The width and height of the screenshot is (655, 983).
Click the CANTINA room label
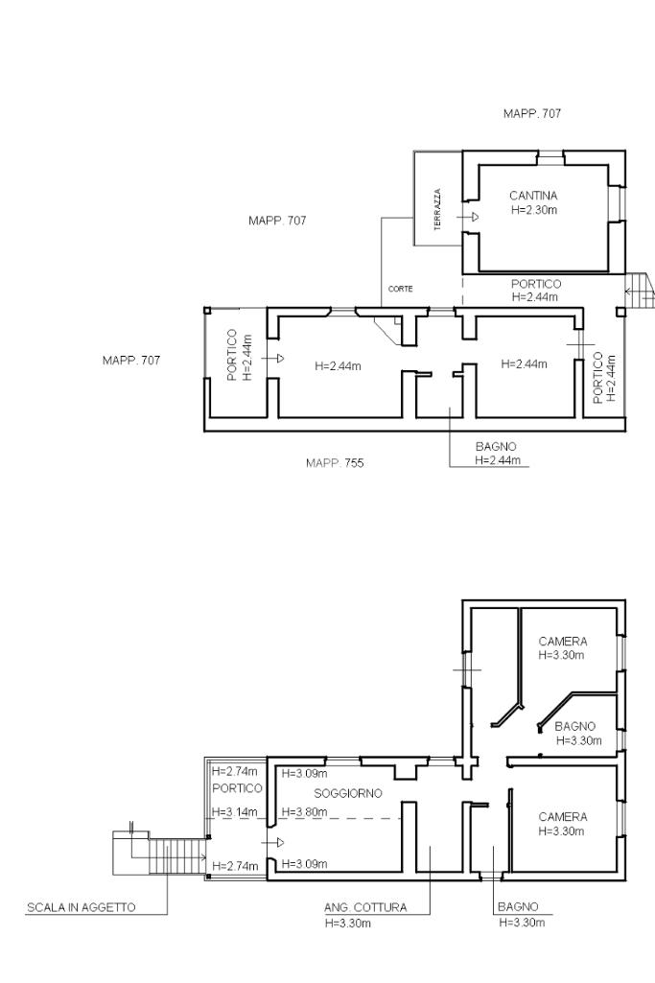[x=533, y=196]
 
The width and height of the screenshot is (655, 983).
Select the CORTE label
[x=401, y=289]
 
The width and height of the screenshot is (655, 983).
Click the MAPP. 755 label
[x=335, y=463]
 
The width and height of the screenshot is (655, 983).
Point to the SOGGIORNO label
[x=348, y=794]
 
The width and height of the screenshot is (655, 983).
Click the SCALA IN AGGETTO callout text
[x=81, y=907]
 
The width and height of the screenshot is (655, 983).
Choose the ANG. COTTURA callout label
[x=365, y=907]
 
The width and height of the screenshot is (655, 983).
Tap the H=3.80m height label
[x=304, y=812]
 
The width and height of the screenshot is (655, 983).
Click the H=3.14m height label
[x=234, y=812]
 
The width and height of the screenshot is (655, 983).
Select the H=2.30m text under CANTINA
[x=534, y=210]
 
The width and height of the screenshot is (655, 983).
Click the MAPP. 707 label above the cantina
[x=532, y=113]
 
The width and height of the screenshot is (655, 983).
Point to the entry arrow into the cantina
[x=468, y=217]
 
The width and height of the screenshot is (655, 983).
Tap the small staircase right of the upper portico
[x=639, y=290]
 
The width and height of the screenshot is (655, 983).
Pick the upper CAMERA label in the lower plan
[x=563, y=642]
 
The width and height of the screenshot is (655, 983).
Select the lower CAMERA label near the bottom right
[x=563, y=817]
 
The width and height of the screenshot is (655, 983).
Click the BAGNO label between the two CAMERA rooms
[x=574, y=727]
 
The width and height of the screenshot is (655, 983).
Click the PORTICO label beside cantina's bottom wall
[x=536, y=284]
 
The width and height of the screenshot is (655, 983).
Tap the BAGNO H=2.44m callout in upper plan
[x=497, y=454]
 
